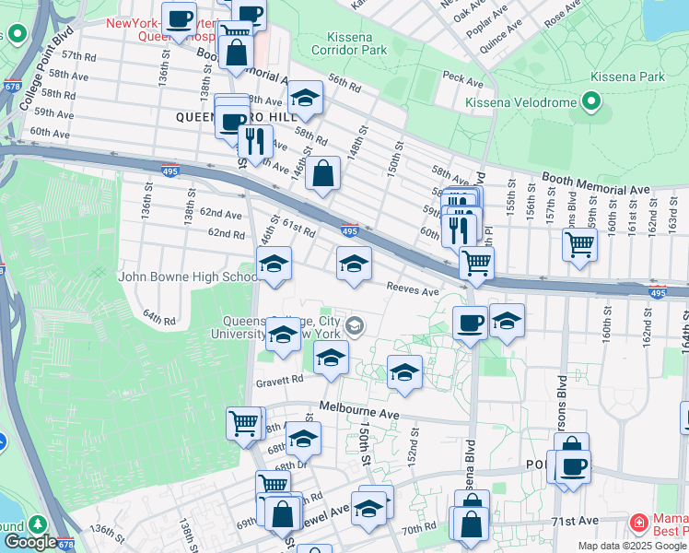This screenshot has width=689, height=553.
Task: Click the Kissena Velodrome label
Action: [521, 102]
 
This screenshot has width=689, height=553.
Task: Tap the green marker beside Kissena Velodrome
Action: [590, 102]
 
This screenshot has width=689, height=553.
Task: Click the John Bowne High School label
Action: [188, 276]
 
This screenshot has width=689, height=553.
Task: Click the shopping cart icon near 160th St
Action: [579, 244]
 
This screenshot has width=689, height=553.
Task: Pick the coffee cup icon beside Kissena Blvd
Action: [470, 323]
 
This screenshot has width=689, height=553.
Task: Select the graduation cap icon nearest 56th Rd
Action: [305, 99]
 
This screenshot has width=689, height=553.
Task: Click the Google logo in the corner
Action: [29, 543]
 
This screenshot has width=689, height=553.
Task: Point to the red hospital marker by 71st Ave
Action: [637, 524]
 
